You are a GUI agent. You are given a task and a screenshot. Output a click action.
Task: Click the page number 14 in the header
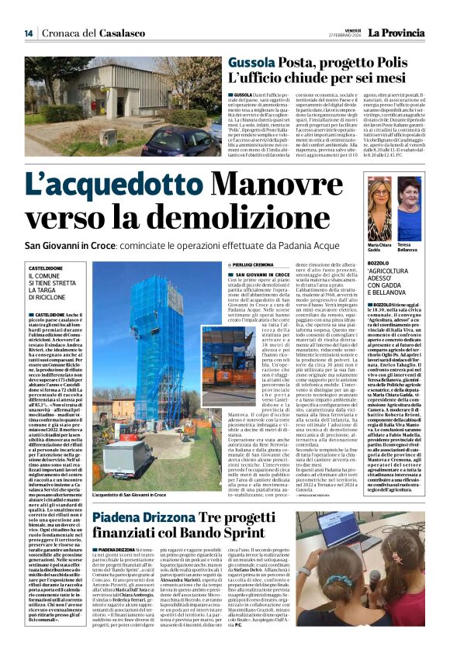pyautogui.click(x=28, y=33)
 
